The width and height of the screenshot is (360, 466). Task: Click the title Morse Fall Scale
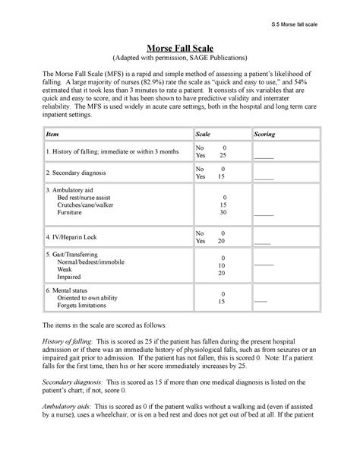tap(180, 46)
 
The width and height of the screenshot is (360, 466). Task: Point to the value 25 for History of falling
tap(222, 155)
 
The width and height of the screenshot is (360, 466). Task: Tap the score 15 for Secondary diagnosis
tap(222, 176)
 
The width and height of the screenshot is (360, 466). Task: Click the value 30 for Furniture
tap(223, 214)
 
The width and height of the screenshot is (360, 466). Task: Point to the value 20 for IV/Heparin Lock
tap(222, 241)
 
